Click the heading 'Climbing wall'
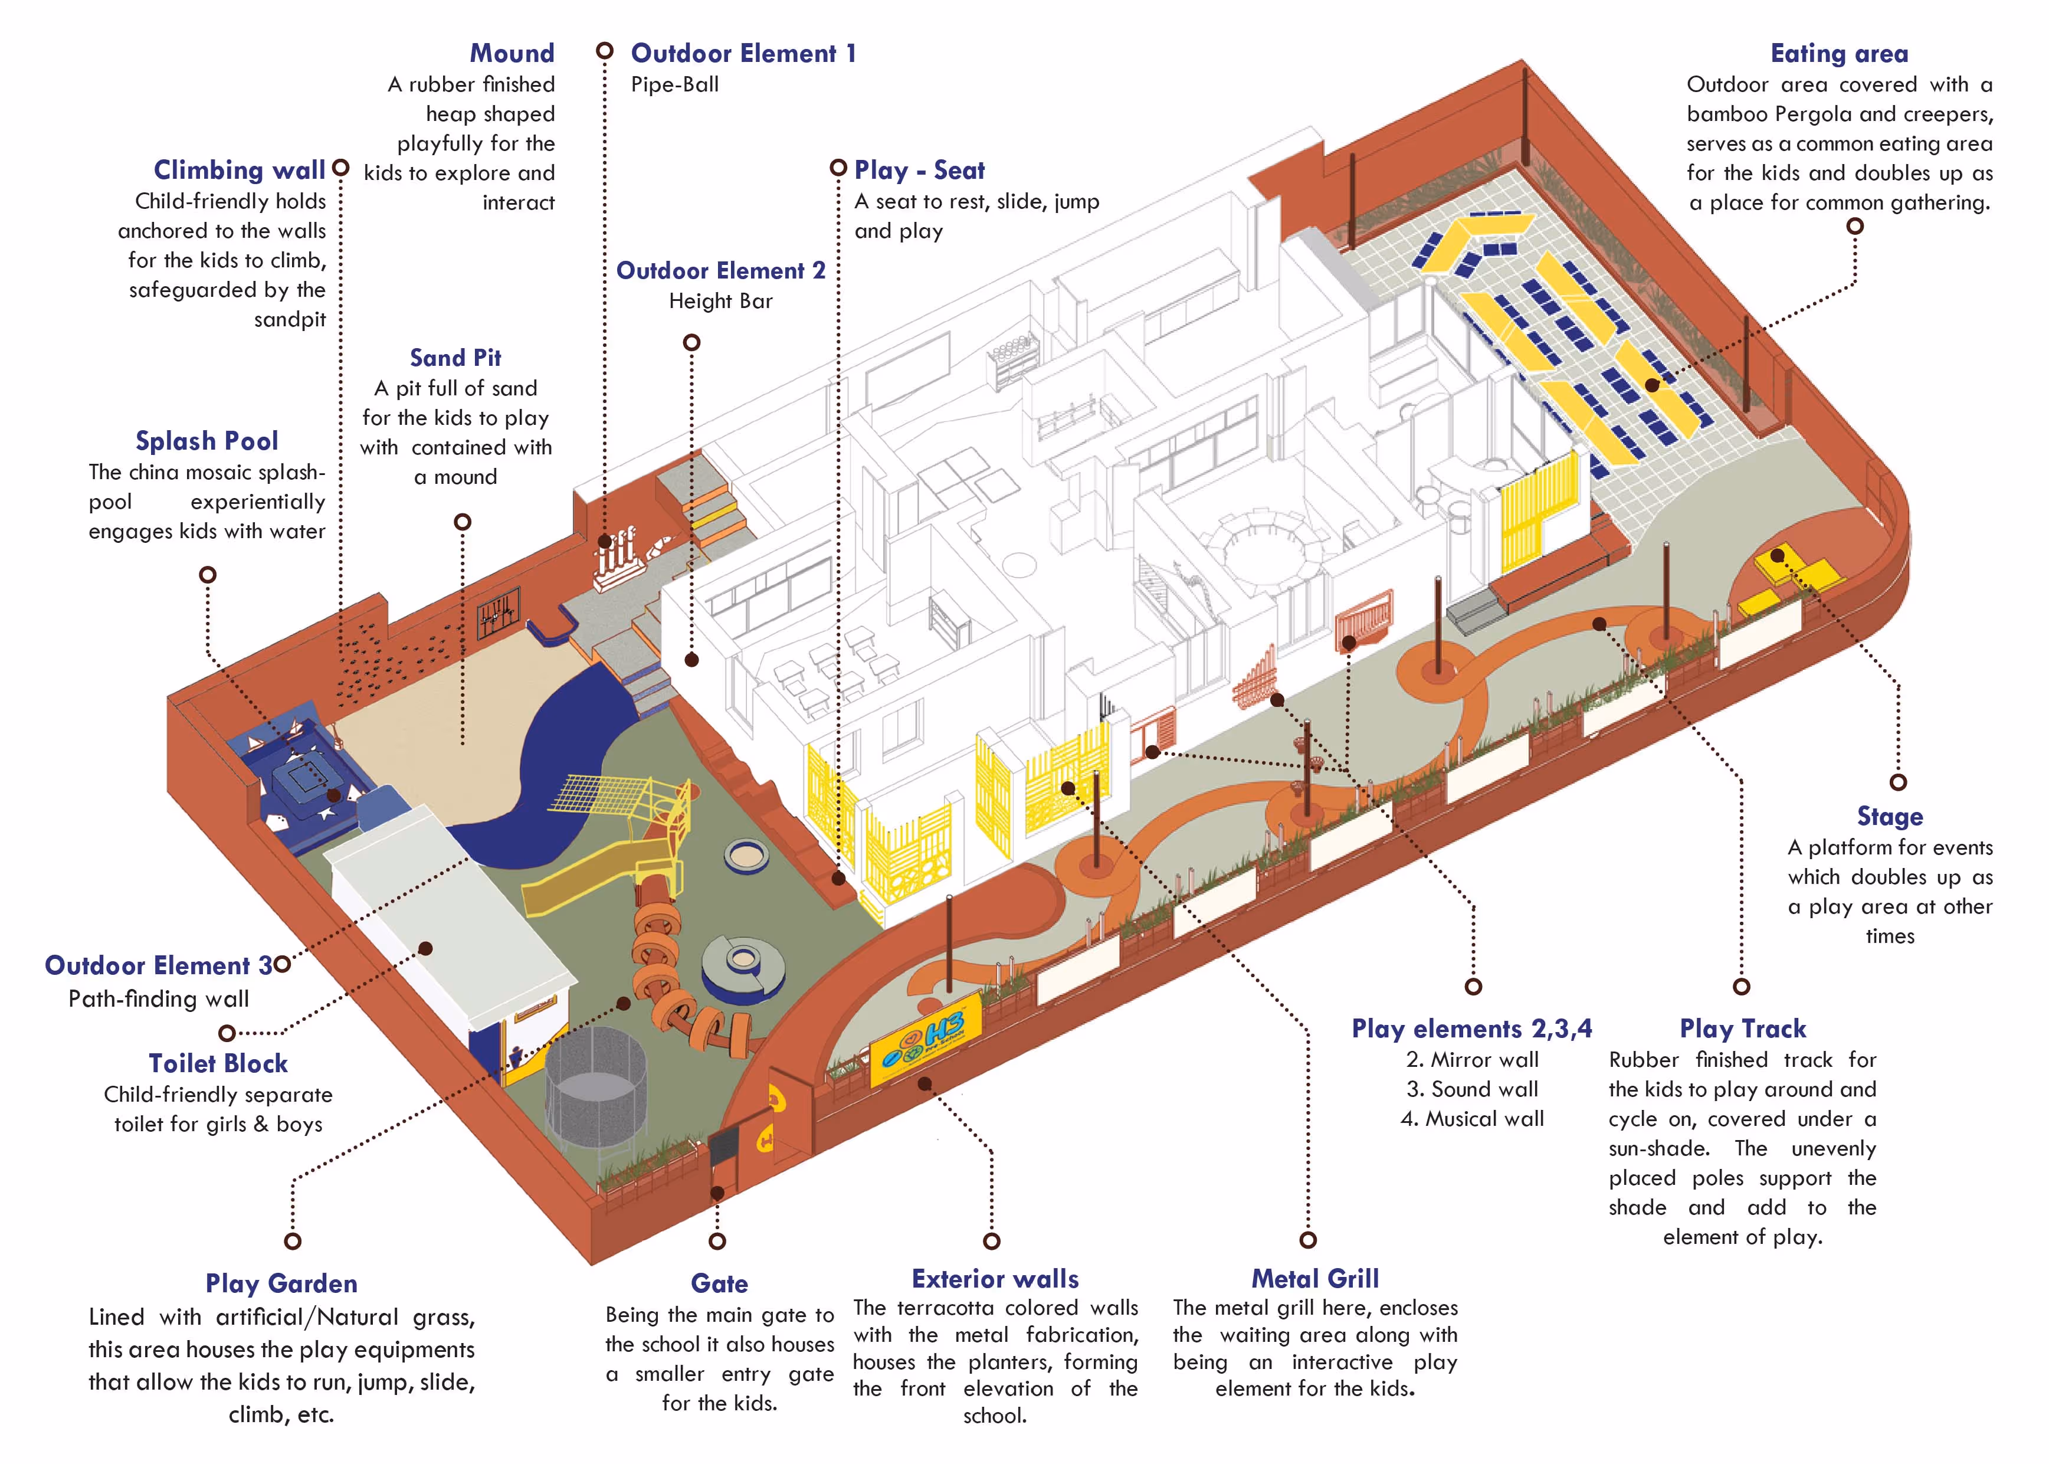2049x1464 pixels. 239,171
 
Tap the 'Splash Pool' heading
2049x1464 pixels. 206,441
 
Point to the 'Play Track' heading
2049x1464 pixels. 1743,1029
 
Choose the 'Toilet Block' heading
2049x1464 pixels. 218,1064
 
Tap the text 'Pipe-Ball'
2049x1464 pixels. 675,85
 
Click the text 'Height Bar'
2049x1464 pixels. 721,301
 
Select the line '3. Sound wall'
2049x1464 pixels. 1473,1089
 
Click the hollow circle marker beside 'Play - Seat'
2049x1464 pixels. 838,168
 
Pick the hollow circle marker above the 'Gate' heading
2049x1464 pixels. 717,1242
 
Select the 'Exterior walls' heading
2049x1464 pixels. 995,1279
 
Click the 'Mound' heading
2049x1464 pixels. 512,53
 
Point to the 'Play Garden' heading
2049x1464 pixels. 281,1283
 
